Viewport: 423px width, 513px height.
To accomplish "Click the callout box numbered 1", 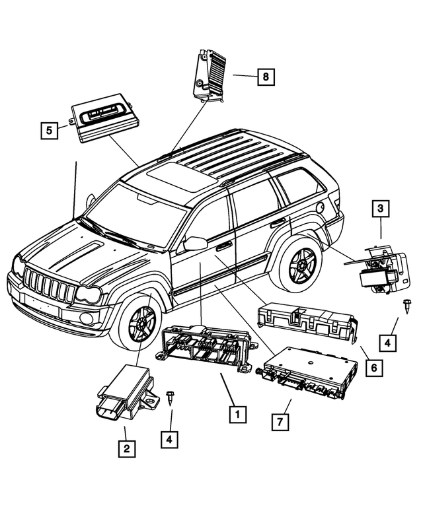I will pyautogui.click(x=237, y=414).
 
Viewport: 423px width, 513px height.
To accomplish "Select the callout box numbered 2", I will pyautogui.click(x=127, y=449).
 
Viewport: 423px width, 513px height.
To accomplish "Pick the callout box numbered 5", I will pyautogui.click(x=48, y=130).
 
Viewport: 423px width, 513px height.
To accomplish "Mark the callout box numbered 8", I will pyautogui.click(x=265, y=77).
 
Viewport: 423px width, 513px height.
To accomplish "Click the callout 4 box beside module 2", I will pyautogui.click(x=171, y=438).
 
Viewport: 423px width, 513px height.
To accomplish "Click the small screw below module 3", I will pyautogui.click(x=404, y=304).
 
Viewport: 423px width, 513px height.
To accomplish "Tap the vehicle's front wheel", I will pyautogui.click(x=140, y=323).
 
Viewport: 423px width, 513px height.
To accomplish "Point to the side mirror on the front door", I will pyautogui.click(x=195, y=243).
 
